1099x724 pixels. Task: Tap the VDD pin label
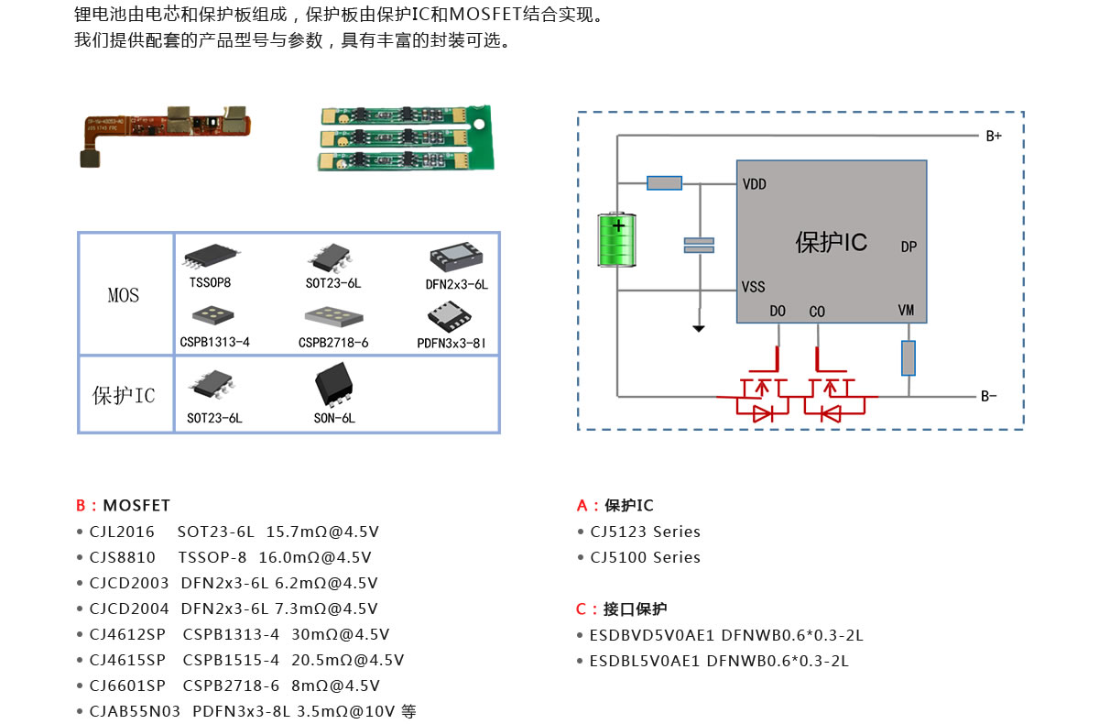[x=755, y=184]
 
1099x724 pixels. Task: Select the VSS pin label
[x=754, y=287]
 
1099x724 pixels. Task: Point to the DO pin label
[x=778, y=312]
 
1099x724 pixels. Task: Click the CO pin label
[x=817, y=312]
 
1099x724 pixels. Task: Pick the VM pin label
[x=906, y=311]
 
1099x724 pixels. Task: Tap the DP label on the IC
[x=909, y=247]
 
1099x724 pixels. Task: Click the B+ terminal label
[x=994, y=136]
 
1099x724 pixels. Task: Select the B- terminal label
[x=989, y=397]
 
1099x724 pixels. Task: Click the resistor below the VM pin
[x=909, y=357]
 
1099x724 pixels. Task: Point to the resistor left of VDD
[x=664, y=183]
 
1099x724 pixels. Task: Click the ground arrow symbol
[x=699, y=326]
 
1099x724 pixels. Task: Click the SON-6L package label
[x=334, y=419]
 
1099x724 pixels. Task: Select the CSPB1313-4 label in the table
[x=214, y=343]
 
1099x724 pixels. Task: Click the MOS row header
[x=124, y=295]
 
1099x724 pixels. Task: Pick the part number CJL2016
[x=122, y=532]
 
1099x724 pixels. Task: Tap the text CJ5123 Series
[x=645, y=532]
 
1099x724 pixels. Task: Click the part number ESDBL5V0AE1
[x=645, y=661]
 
